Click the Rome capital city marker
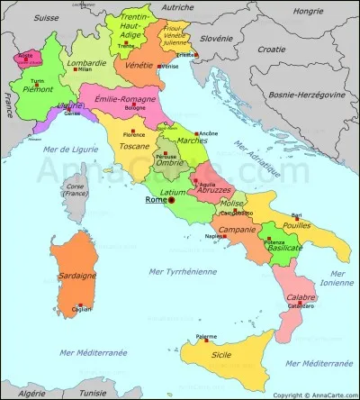coord(171,200)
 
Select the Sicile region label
coord(219,355)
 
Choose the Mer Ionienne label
coord(338,276)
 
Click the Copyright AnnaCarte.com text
coord(313,395)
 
